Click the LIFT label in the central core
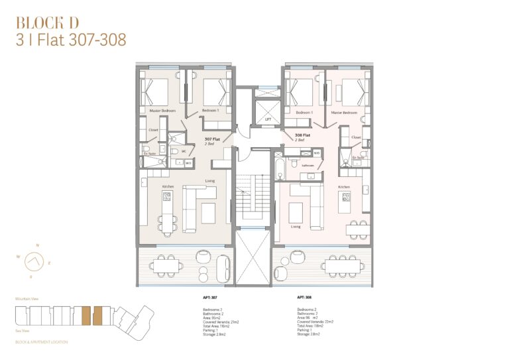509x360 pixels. click(x=268, y=120)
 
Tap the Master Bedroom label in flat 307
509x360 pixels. click(x=162, y=111)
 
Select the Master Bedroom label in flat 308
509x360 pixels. click(x=345, y=113)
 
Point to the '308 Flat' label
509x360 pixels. click(x=303, y=135)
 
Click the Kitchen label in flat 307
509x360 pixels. click(x=168, y=187)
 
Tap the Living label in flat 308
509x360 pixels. click(x=295, y=226)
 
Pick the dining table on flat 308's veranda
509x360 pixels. click(x=342, y=265)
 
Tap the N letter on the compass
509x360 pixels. click(x=37, y=245)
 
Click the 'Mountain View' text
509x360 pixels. click(x=26, y=300)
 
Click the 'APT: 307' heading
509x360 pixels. click(x=210, y=298)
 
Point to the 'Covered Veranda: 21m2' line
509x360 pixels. click(x=219, y=322)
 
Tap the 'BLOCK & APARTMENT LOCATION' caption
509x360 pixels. click(x=40, y=342)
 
